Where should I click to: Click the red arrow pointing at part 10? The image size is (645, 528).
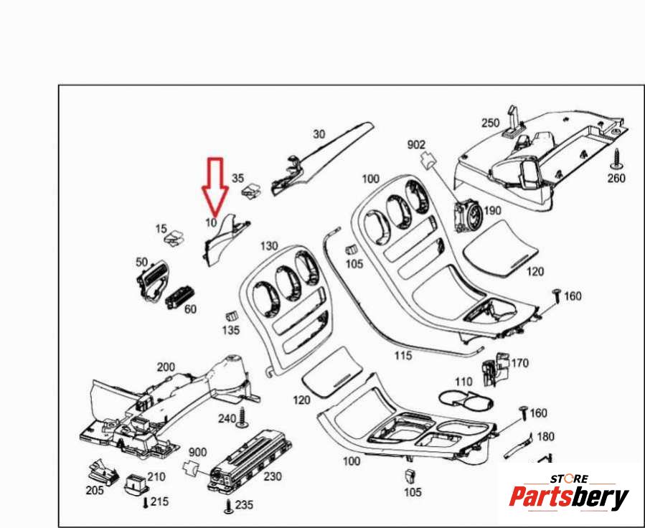click(215, 188)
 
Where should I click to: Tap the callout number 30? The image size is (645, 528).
click(319, 134)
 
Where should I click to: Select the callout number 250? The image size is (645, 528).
click(490, 123)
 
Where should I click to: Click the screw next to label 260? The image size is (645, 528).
click(616, 159)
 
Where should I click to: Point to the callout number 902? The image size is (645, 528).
click(416, 145)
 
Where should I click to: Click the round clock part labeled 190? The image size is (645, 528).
click(467, 215)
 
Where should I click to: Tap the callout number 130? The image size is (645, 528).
click(269, 246)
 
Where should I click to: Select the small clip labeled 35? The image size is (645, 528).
click(252, 190)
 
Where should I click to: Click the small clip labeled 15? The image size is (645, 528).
click(174, 237)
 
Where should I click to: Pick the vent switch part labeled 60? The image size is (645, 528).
click(179, 298)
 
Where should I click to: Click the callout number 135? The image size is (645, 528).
click(231, 330)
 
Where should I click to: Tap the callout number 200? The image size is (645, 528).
click(166, 367)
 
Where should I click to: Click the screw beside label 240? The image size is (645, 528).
click(243, 418)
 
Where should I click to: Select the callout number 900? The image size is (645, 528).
click(197, 453)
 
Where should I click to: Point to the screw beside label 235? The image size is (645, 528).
click(229, 506)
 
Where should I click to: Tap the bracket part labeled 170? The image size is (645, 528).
click(495, 369)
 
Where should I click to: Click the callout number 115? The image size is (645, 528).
click(403, 355)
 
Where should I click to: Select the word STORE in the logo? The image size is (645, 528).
click(570, 478)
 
